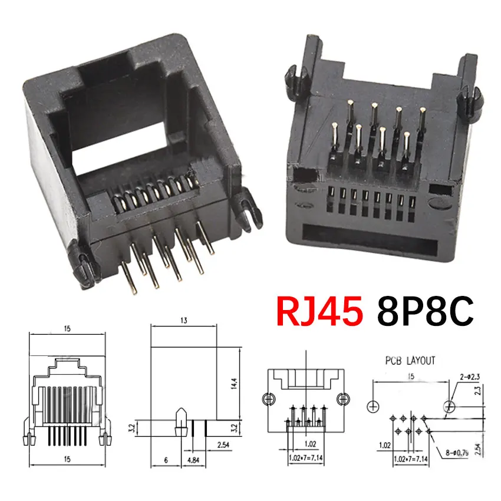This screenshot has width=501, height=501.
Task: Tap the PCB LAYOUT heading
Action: tap(410, 360)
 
